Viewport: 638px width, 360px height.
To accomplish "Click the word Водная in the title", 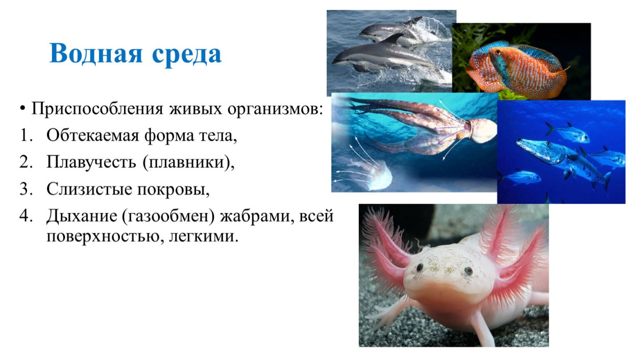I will (x=95, y=54).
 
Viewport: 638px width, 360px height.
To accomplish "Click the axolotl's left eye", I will (x=420, y=267).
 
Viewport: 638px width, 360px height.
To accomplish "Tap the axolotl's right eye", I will (x=469, y=271).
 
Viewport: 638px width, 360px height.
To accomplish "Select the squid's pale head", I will (x=482, y=131).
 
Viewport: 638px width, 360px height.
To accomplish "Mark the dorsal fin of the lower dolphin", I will (x=395, y=38).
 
